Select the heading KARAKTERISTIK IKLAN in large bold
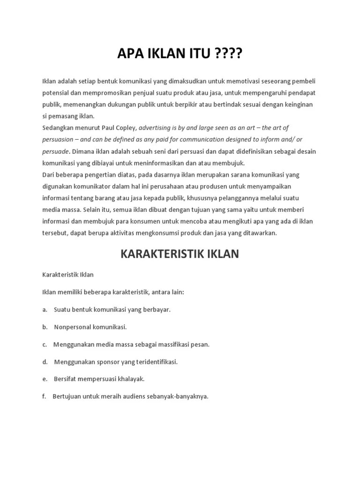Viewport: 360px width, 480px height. tap(180, 254)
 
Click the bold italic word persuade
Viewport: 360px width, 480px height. tap(56, 151)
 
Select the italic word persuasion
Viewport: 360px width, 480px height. tap(58, 140)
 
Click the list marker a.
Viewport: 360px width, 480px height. tap(45, 310)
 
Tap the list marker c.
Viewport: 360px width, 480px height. tap(44, 344)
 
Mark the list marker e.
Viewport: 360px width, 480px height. tap(45, 379)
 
